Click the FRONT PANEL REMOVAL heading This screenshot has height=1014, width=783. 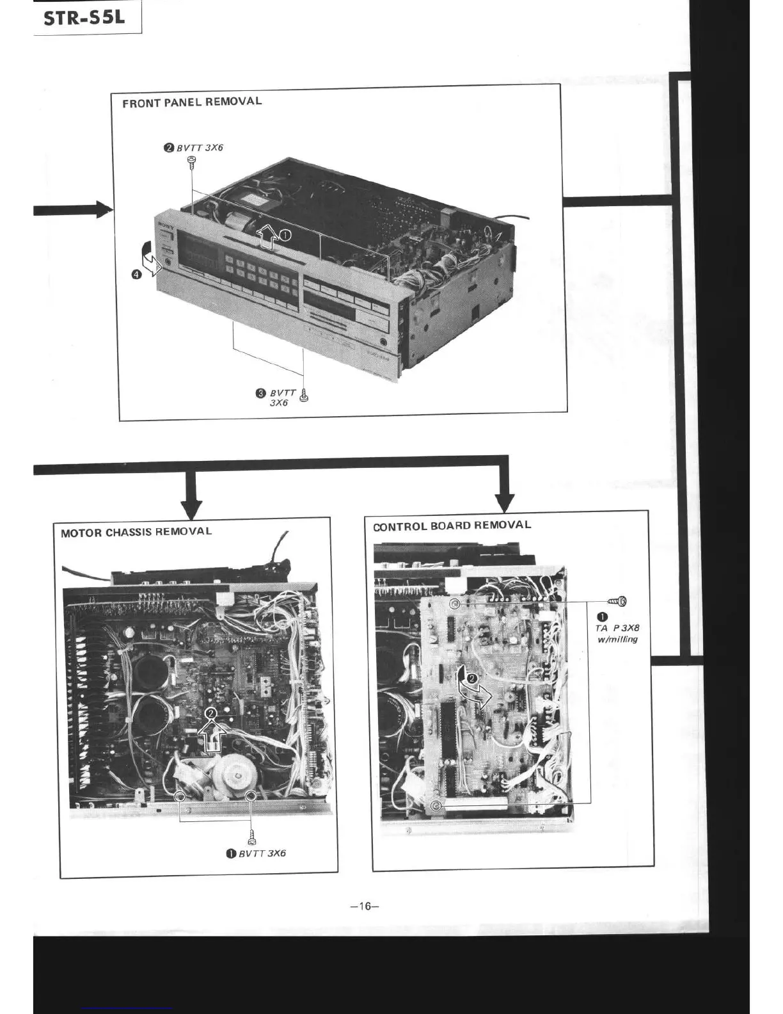coord(192,102)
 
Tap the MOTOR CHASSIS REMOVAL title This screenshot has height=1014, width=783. coord(136,531)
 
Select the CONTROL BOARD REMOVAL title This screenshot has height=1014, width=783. coord(452,526)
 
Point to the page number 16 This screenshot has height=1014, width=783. coord(365,906)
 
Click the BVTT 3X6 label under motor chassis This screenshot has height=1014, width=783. coord(262,853)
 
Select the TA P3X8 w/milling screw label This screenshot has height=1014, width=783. coord(617,633)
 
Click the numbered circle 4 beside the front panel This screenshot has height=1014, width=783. coord(136,275)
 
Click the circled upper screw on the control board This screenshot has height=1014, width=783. coord(454,604)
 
